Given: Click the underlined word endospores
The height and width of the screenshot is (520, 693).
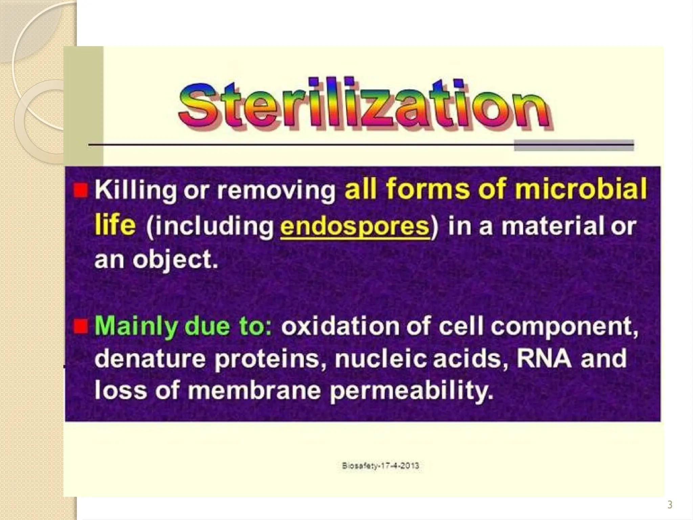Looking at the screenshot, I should tap(355, 226).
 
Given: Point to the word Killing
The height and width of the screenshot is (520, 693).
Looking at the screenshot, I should tap(135, 190).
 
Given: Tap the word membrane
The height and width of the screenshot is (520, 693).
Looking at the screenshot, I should tap(254, 391).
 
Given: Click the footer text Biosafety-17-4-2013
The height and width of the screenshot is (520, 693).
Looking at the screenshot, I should tap(380, 466).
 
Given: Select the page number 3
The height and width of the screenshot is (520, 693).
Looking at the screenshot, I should tap(670, 505).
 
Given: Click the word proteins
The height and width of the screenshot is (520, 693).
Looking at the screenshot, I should tap(267, 359).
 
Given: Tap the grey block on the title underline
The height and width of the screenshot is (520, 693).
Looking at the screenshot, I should tap(574, 146).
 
